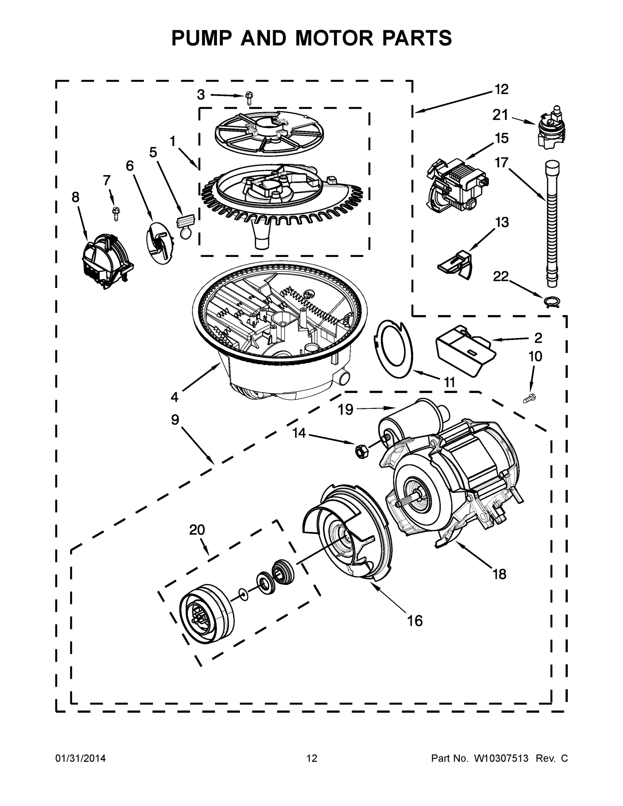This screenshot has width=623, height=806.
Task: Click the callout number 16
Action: pos(415,621)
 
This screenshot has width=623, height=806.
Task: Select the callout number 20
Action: pos(197,530)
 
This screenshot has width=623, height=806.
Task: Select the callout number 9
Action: pos(175,419)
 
